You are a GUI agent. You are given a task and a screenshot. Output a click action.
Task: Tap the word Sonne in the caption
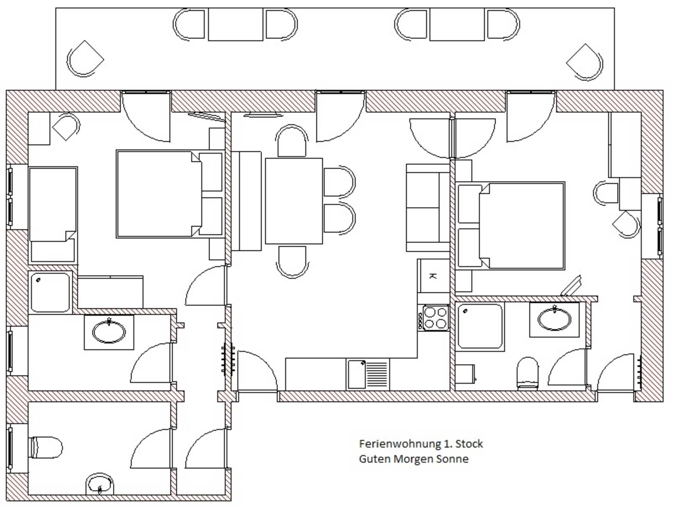point(452,459)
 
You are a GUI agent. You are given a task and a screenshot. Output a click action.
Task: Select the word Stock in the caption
point(469,444)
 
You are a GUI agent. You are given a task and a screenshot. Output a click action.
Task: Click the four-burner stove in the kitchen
point(433,318)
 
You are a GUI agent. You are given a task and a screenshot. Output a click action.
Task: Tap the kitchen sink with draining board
point(368,375)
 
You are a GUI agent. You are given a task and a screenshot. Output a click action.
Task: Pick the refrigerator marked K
point(434,276)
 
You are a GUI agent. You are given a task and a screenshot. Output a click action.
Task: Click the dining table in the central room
point(294,201)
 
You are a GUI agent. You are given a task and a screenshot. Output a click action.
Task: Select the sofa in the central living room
point(428,208)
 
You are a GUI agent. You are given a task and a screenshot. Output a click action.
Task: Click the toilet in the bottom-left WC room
point(45,447)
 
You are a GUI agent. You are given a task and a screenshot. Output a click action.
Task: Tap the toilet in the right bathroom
point(527,374)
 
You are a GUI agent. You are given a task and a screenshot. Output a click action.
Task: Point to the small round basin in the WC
point(100,484)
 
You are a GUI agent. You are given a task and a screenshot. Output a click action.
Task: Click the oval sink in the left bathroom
point(109,332)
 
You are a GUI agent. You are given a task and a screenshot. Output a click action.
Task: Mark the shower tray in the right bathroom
point(480,327)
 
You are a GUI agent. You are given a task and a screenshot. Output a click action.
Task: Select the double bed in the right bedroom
point(510,226)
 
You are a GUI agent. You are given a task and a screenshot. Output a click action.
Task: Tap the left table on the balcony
point(235,24)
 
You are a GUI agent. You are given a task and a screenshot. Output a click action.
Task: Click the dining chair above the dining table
point(292,141)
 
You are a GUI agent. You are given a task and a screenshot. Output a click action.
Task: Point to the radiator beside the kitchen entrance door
point(228,359)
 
